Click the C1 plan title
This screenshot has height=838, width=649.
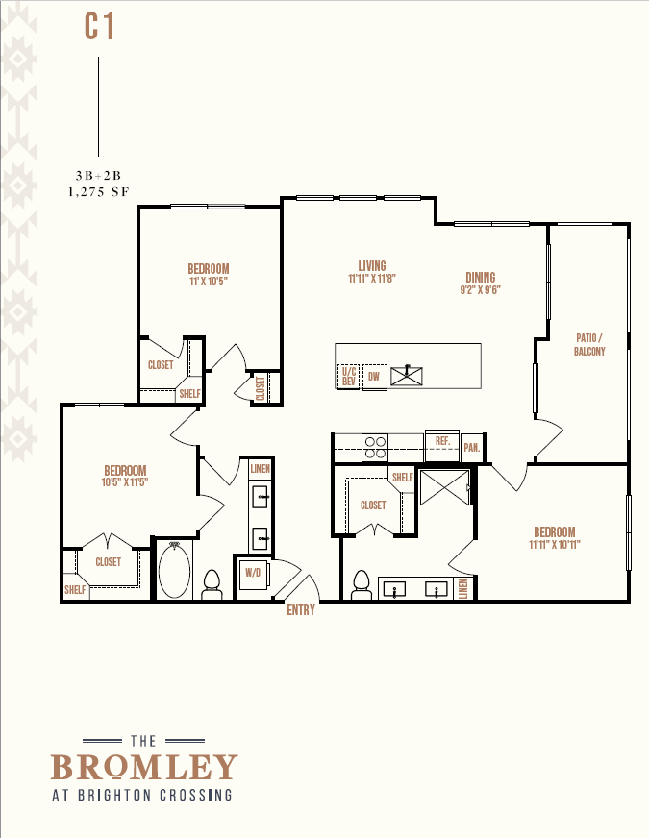tap(99, 27)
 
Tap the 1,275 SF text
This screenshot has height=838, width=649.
tap(98, 192)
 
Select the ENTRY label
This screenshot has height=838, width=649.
tap(301, 610)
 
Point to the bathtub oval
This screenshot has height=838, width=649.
tap(174, 570)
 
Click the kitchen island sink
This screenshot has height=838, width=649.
tap(407, 376)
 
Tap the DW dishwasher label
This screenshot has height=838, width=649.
tap(374, 377)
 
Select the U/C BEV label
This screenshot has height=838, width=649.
tap(349, 377)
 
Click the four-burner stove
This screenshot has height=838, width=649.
tap(375, 447)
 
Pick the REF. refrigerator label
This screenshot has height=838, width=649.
tap(442, 441)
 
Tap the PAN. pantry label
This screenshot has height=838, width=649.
tap(472, 447)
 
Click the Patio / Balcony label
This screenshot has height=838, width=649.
tap(589, 345)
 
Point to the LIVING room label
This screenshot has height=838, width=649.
tap(372, 265)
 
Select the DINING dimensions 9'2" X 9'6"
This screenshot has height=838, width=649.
tap(480, 290)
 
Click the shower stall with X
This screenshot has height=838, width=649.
tap(445, 487)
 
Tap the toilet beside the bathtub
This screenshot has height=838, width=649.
tap(212, 584)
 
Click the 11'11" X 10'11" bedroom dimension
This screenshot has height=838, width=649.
tap(555, 545)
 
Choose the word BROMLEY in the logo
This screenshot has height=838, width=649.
tap(144, 768)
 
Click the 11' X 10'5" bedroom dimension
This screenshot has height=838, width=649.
tap(209, 282)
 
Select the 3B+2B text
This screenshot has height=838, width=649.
tap(98, 176)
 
